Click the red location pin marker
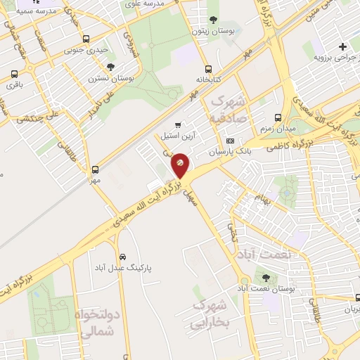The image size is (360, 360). coord(180,164)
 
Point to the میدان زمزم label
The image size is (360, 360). coord(277,128)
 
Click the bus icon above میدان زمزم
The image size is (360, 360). coord(278,117)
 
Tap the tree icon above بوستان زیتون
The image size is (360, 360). coord(213,20)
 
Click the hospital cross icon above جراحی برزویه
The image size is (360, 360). coord(342,45)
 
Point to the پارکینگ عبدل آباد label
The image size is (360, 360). coord(123,268)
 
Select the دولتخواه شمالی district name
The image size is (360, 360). coord(96,323)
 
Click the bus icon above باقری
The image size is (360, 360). coord(14,75)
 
